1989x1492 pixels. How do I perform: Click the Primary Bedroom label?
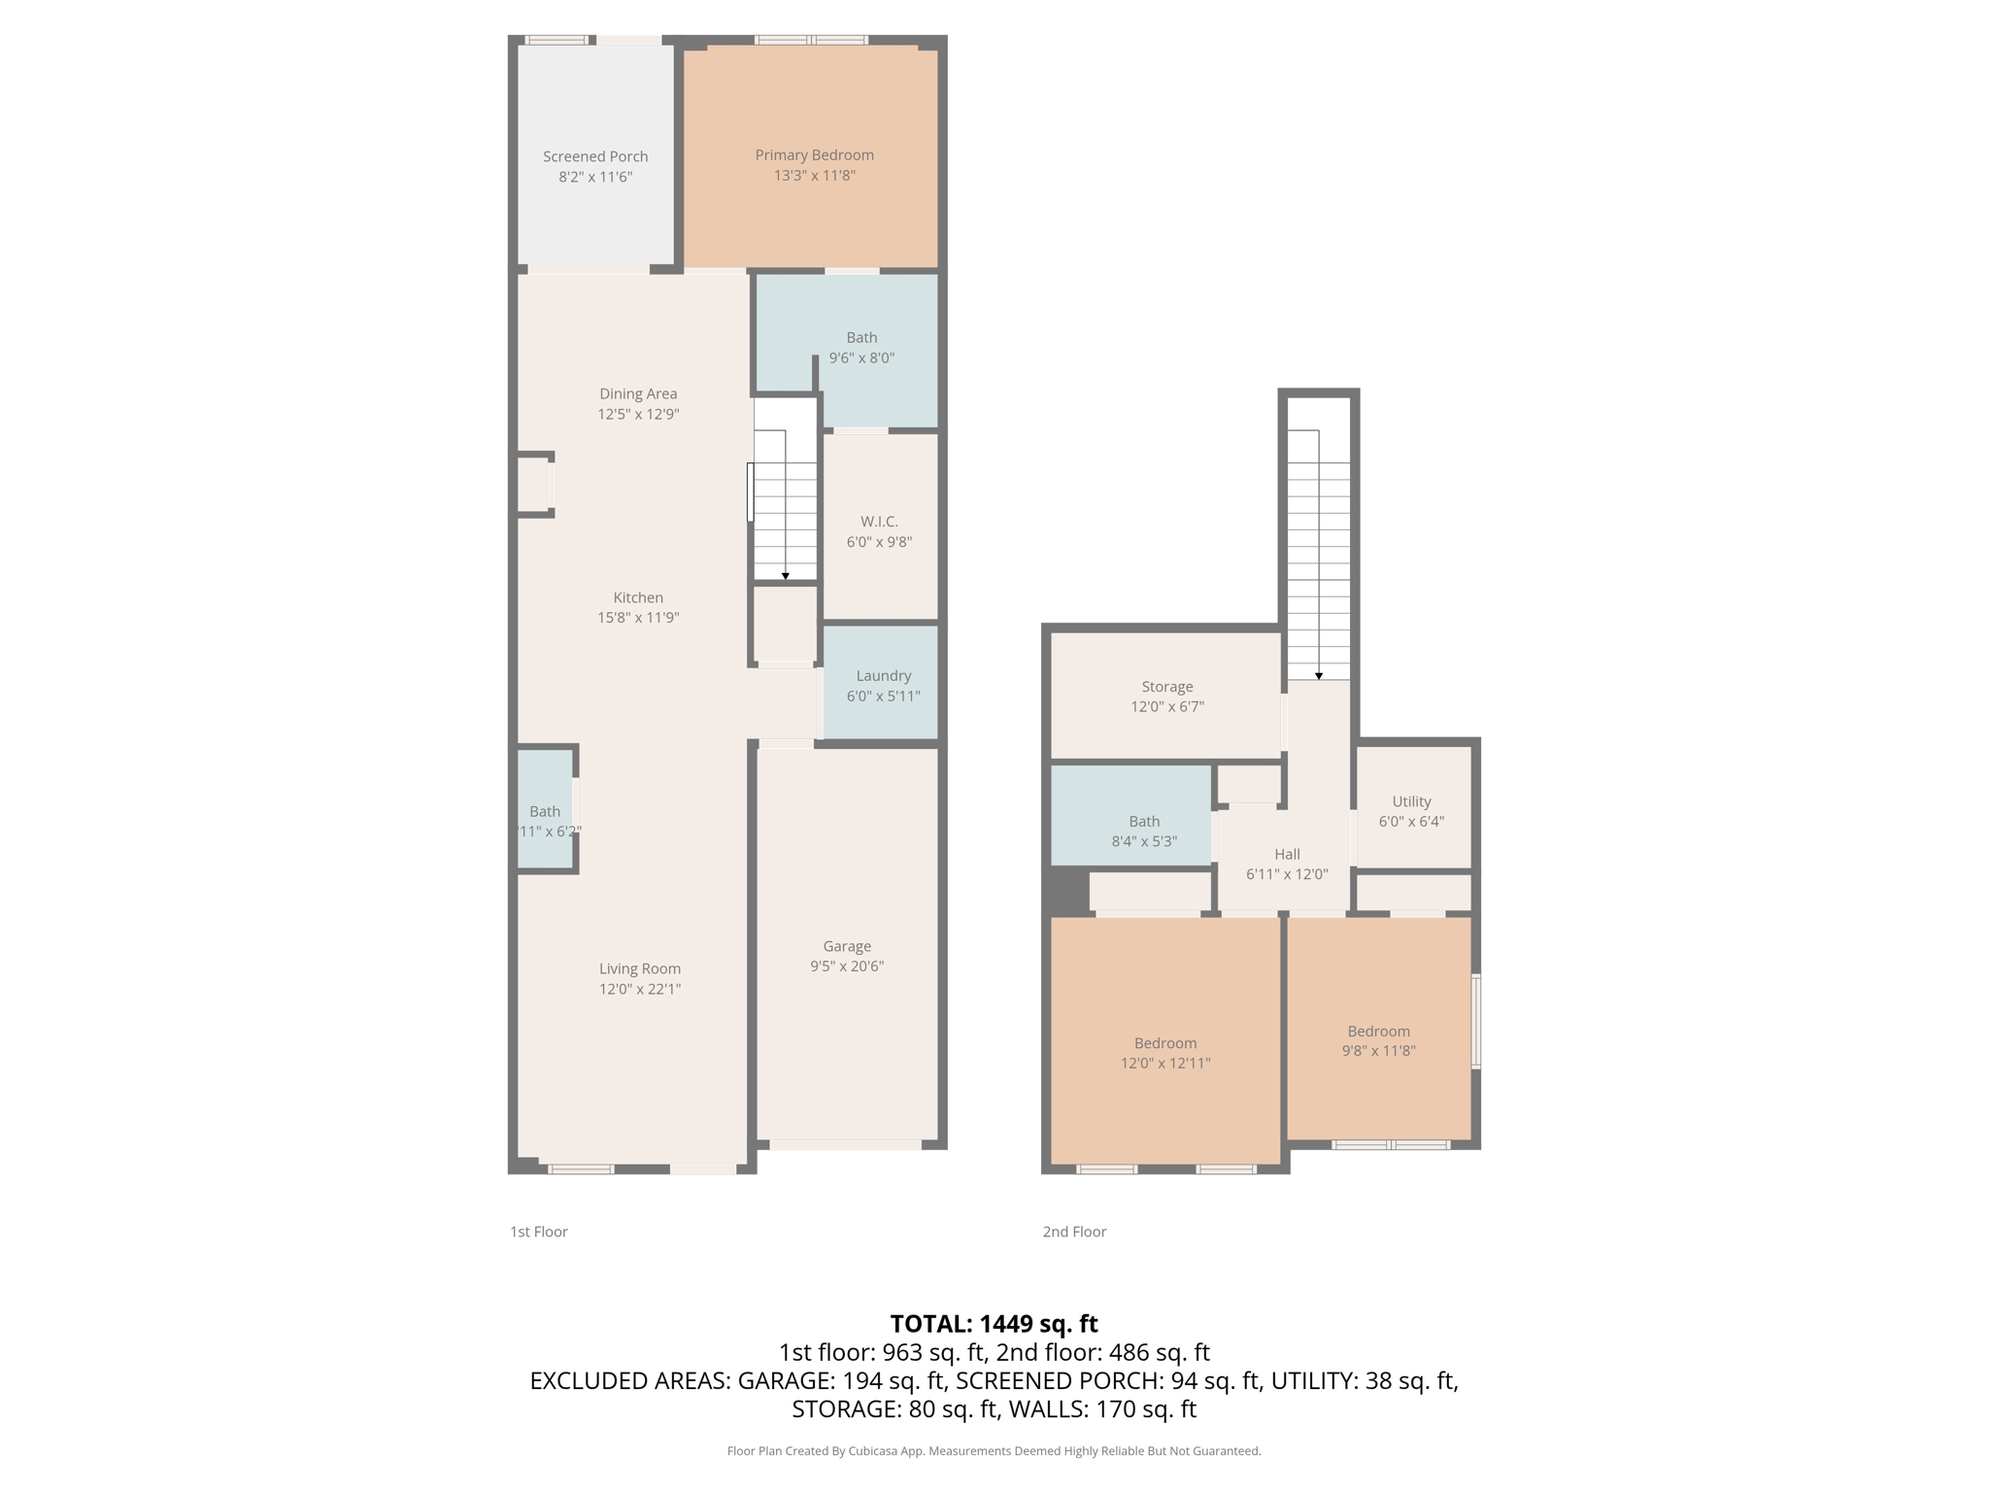(x=814, y=155)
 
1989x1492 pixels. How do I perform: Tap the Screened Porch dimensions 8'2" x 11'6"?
(x=595, y=177)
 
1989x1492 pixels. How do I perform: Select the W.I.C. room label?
(x=879, y=522)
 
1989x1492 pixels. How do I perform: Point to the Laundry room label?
(x=883, y=676)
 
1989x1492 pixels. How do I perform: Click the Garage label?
(x=847, y=946)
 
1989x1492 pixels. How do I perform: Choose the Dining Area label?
(x=638, y=393)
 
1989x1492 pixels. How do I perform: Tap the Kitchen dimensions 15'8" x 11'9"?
(x=638, y=618)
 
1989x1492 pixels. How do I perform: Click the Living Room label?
(x=639, y=968)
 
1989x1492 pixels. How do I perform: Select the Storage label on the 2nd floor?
(x=1166, y=687)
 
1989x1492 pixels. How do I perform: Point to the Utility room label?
(x=1411, y=801)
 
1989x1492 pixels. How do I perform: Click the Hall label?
(x=1287, y=854)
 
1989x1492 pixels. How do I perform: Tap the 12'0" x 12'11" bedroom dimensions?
(x=1165, y=1064)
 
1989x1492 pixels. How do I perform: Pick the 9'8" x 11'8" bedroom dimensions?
(x=1378, y=1051)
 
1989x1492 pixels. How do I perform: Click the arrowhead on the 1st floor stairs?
(x=785, y=577)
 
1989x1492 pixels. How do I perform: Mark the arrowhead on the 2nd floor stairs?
(x=1318, y=676)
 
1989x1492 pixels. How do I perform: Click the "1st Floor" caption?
(x=539, y=1232)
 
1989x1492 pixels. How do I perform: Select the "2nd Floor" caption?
(x=1074, y=1232)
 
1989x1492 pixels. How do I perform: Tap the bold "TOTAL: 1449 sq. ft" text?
(x=994, y=1324)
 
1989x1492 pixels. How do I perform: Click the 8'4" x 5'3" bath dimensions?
(x=1144, y=841)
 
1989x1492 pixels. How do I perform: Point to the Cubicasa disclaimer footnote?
(x=994, y=1451)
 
